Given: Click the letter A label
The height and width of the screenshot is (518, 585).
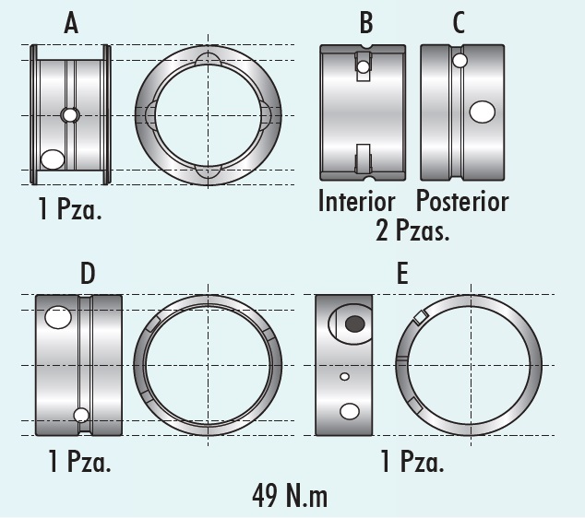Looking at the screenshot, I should click(71, 23).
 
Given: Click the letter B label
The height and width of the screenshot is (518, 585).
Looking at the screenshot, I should click(367, 23).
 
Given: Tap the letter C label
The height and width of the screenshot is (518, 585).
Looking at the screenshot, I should click(459, 23).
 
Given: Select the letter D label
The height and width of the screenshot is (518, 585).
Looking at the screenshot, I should click(88, 274).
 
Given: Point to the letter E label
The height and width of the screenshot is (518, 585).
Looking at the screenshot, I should click(401, 274).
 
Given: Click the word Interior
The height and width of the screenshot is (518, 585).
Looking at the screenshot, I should click(356, 201).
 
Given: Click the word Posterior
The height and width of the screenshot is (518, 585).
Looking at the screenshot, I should click(461, 201).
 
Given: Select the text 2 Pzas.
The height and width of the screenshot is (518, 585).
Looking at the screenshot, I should click(412, 230).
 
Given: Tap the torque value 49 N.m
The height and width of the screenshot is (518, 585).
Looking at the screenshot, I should click(290, 495).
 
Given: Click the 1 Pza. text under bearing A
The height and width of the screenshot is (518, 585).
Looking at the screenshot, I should click(70, 209).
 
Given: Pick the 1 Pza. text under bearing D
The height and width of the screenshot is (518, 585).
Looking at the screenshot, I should click(79, 461).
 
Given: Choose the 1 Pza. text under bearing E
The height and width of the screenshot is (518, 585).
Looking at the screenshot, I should click(412, 461).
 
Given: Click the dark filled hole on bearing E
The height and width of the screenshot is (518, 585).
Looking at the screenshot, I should click(354, 324).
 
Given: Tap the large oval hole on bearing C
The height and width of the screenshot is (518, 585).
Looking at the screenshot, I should click(482, 112).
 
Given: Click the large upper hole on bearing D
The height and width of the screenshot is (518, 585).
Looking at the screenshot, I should click(58, 317).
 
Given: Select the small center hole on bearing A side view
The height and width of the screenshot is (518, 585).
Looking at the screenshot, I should click(70, 115).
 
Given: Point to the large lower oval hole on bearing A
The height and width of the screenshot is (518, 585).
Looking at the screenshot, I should click(53, 159).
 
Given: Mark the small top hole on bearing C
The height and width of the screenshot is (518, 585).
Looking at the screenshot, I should click(459, 61).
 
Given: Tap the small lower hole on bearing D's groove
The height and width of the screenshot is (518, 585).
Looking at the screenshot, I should click(81, 415).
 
